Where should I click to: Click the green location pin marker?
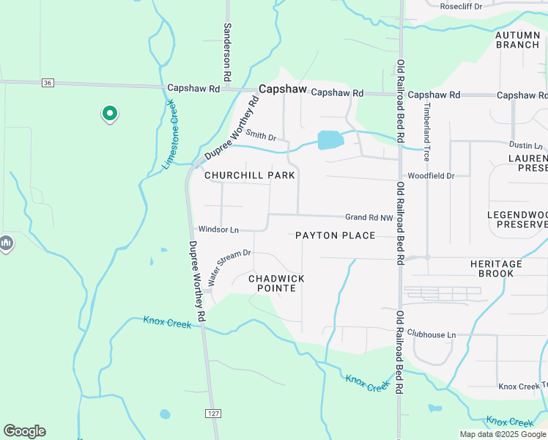(x=109, y=114)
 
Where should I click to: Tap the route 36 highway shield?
(x=48, y=83)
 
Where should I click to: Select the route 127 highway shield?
(x=212, y=414)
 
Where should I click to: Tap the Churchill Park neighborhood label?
(x=249, y=175)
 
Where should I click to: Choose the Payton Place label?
(x=335, y=235)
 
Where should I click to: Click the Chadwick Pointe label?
(x=276, y=283)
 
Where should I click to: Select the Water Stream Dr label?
(x=229, y=267)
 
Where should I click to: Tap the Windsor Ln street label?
(x=218, y=230)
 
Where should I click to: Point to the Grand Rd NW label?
(x=369, y=217)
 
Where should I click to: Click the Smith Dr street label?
(x=261, y=136)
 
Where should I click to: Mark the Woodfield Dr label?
(x=431, y=176)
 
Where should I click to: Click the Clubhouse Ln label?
(x=431, y=334)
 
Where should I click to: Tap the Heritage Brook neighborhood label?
(x=496, y=268)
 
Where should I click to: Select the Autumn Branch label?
(x=517, y=40)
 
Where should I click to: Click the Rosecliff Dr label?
(x=461, y=6)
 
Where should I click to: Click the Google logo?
(x=24, y=431)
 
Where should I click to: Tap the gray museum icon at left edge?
(x=6, y=243)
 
